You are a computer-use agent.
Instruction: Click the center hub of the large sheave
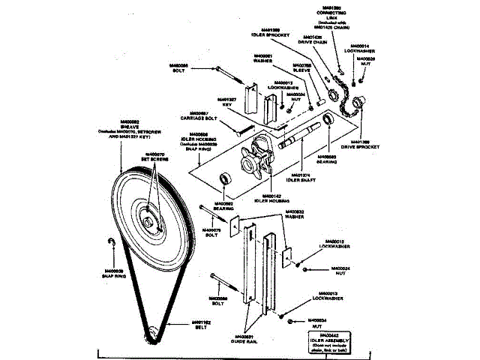(x=153, y=220)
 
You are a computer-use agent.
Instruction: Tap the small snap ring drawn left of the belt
(x=111, y=241)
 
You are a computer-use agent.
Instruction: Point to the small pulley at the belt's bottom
(x=153, y=331)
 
